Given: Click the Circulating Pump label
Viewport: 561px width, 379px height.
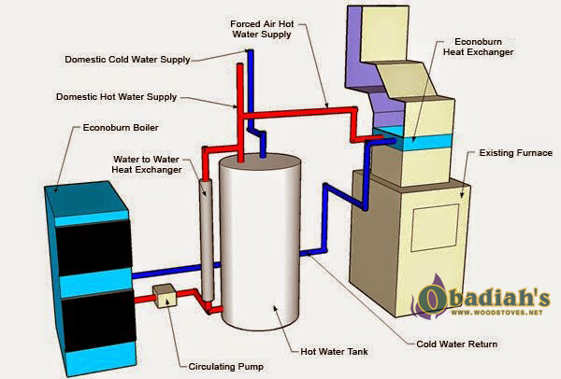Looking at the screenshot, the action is [x=225, y=367].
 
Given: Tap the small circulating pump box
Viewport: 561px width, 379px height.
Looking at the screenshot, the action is [x=165, y=296].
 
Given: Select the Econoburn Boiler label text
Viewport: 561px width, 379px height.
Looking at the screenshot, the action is [x=121, y=128].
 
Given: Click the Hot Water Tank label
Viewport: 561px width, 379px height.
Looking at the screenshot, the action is [x=334, y=352].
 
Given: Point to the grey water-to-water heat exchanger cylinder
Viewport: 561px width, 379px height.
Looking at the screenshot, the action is [x=207, y=239].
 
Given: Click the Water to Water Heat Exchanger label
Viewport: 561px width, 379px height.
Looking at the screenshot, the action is [x=147, y=164].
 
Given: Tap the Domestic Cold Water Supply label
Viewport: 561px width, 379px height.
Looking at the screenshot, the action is [x=127, y=60].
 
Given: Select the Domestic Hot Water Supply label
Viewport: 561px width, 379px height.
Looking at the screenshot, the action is [x=117, y=97].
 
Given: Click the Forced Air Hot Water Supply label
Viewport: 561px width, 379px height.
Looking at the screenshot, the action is [x=262, y=29].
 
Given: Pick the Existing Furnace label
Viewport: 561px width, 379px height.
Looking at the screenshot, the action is [x=516, y=153].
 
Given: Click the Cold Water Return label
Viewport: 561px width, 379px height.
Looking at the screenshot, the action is [x=457, y=344].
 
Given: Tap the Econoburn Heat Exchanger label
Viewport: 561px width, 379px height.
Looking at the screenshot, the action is [x=479, y=47].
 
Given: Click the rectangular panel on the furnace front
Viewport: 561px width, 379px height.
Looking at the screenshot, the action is [x=435, y=228].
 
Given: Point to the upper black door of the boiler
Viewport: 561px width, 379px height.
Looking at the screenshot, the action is [x=93, y=247].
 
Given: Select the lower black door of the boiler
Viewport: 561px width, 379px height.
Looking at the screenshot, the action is [x=98, y=320].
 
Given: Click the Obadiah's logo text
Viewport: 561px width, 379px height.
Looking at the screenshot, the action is [x=483, y=299].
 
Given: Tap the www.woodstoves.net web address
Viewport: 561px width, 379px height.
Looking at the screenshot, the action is [x=497, y=313].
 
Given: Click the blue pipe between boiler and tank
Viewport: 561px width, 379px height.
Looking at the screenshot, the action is [x=176, y=271].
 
